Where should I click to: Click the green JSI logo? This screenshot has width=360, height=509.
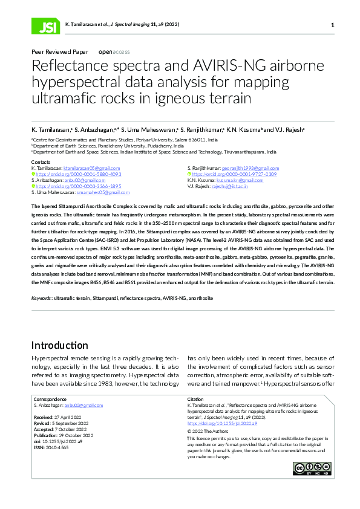click(44, 25)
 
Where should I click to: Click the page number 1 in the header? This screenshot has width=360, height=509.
click(333, 25)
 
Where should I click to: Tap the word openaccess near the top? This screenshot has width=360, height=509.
click(114, 52)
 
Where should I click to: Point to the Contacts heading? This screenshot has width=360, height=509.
click(41, 162)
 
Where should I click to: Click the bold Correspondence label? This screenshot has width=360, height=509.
click(50, 400)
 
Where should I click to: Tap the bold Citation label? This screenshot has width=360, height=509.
click(196, 400)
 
